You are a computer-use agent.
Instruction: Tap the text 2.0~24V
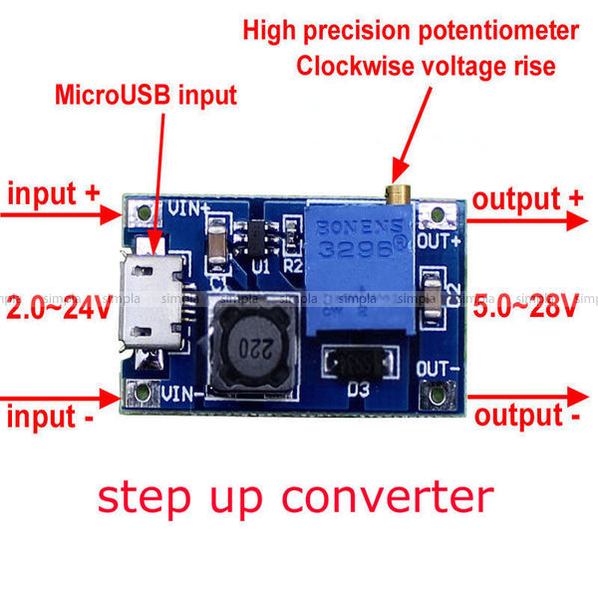coord(59,309)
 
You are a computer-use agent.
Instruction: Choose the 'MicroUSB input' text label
coord(146,97)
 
